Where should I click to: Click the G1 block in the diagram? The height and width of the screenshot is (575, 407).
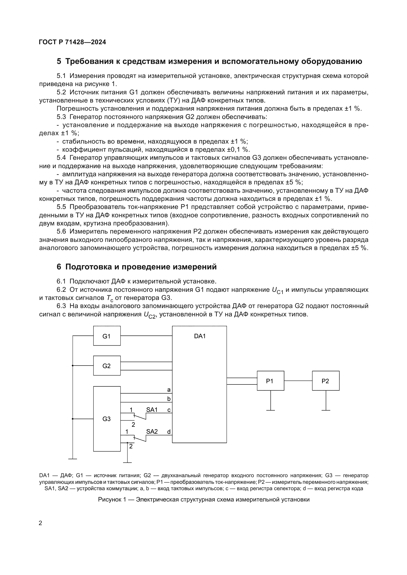click(107, 336)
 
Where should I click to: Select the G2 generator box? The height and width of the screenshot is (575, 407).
click(107, 366)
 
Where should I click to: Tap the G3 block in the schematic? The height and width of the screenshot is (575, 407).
click(107, 419)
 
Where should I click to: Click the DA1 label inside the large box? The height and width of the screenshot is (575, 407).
click(200, 336)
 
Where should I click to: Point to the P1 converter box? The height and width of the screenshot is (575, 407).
click(270, 381)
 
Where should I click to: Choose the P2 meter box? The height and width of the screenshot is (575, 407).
click(326, 381)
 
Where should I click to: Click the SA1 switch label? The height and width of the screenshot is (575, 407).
click(152, 410)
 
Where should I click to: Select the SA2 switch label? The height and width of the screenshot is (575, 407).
click(152, 431)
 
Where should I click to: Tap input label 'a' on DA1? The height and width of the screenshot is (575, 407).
click(169, 390)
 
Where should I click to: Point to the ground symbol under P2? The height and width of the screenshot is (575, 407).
click(326, 410)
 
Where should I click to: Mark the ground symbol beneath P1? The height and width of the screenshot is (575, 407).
click(270, 410)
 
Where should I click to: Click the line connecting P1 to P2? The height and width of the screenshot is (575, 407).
click(298, 381)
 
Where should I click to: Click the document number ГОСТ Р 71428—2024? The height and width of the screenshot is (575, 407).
click(72, 42)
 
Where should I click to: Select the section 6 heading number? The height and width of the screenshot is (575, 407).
click(59, 267)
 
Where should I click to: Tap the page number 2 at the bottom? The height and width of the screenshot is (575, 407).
click(40, 523)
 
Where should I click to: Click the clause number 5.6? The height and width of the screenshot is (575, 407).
click(61, 231)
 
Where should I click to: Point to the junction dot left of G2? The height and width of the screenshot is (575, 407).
click(73, 366)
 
